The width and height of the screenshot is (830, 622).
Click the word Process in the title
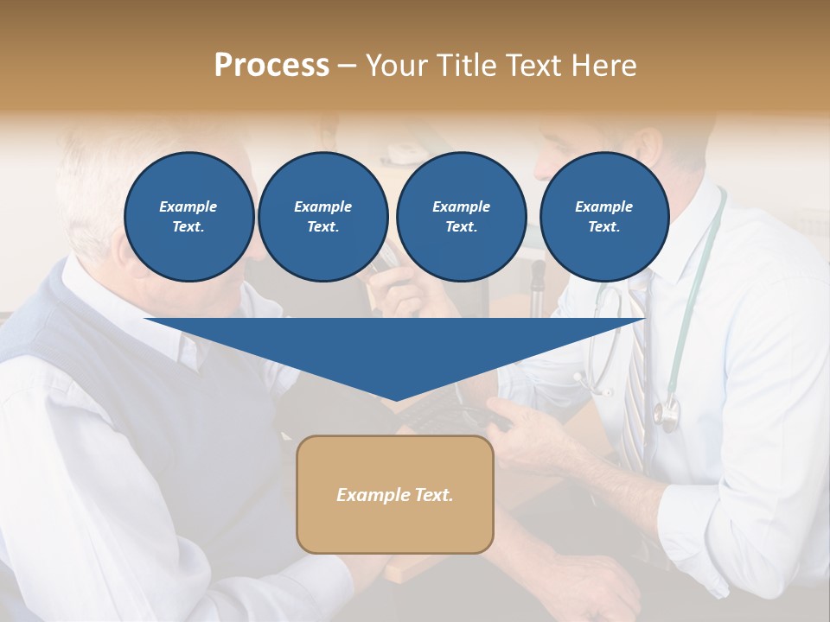pos(271,65)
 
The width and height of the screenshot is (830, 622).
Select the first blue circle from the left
pos(189,216)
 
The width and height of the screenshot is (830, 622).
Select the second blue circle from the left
pos(322,216)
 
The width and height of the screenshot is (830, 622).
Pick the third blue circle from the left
pos(461,216)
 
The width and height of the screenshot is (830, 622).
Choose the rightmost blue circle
pos(604,216)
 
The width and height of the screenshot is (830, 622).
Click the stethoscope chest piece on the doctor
pos(666,416)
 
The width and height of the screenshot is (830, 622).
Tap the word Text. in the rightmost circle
pos(604,226)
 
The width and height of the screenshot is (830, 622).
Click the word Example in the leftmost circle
pos(188,206)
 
